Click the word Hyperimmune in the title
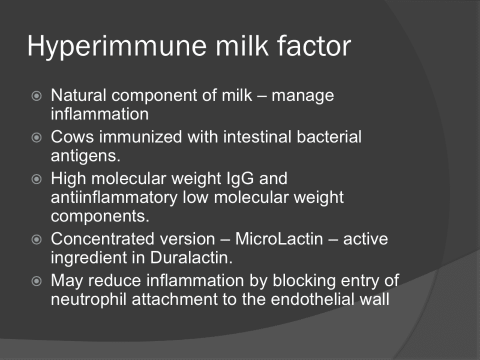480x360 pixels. tap(117, 46)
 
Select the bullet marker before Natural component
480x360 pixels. tap(36, 96)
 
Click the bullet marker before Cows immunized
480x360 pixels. tap(36, 137)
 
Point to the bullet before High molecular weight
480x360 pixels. tap(36, 179)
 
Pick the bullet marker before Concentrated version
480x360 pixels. tap(36, 239)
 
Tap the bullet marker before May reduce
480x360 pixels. tap(36, 280)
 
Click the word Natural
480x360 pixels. tap(78, 95)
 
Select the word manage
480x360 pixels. tap(303, 96)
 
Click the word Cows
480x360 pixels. tap(72, 136)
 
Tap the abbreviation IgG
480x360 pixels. tap(240, 179)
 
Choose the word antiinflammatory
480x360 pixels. tap(114, 198)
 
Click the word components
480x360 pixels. tap(100, 216)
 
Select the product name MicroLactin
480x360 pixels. tap(279, 239)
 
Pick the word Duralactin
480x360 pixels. tap(191, 258)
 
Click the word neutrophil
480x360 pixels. tap(89, 299)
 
